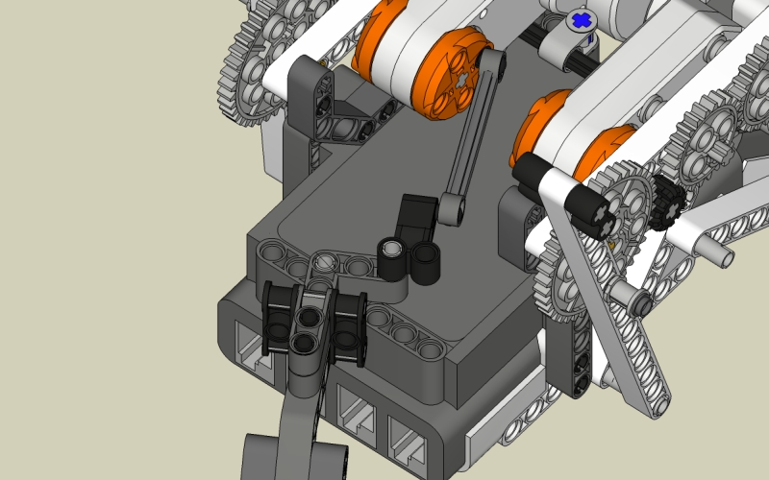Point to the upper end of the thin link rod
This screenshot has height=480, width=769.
click(491, 62)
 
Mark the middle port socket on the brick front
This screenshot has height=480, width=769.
click(358, 411)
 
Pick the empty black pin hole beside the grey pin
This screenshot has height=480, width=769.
click(425, 256)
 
